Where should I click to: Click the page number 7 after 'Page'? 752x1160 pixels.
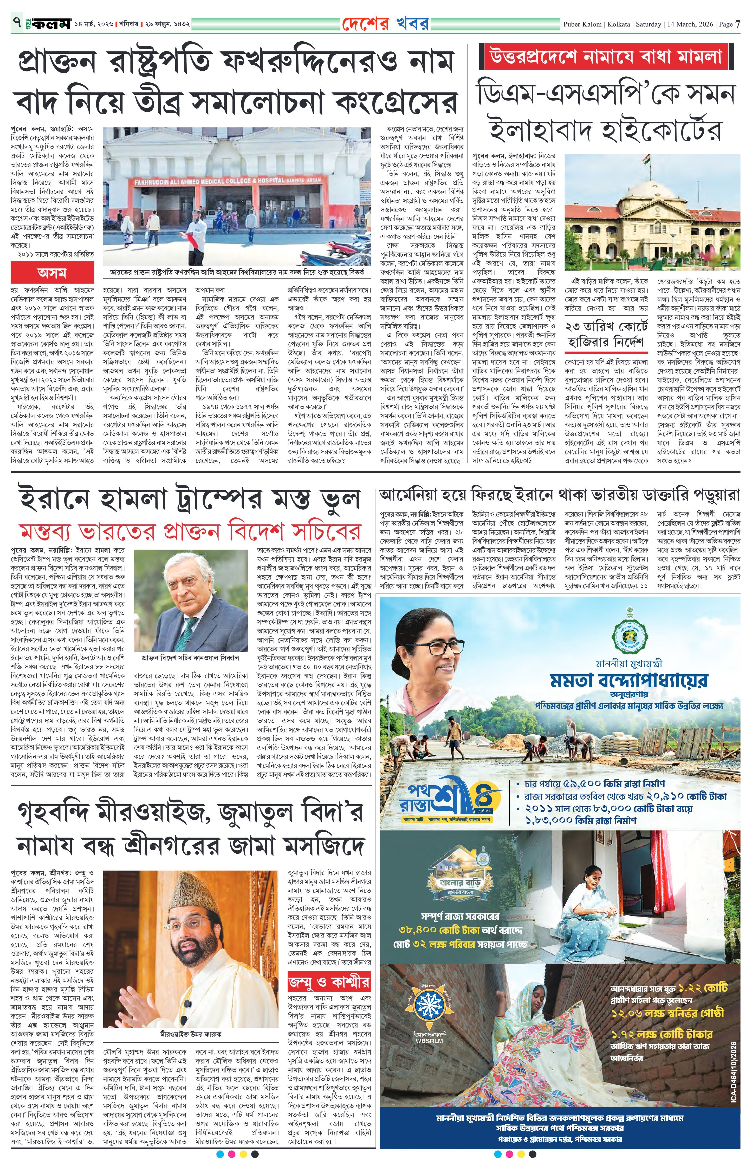[x=738, y=24]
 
